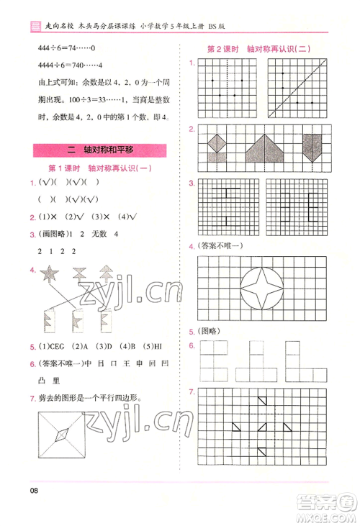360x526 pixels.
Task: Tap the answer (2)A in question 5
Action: [80, 346]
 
